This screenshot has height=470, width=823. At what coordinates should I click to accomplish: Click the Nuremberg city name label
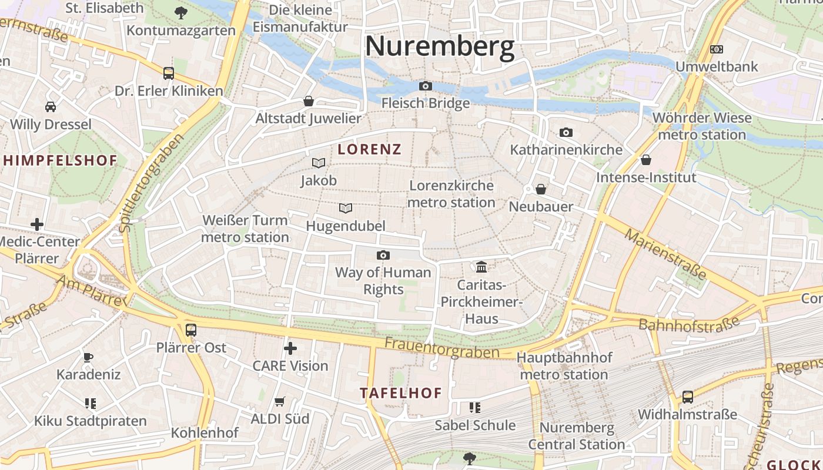[x=440, y=46]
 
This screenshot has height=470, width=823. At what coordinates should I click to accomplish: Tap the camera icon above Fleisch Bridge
[x=426, y=86]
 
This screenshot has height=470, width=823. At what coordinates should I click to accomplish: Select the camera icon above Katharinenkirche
[x=566, y=132]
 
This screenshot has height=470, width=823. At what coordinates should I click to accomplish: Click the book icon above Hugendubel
[x=346, y=208]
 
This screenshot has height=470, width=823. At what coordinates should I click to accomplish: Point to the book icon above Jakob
[x=319, y=163]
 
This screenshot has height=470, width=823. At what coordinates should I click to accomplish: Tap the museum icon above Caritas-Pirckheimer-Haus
[x=481, y=267]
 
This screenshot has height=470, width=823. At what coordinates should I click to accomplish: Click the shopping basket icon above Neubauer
[x=541, y=189]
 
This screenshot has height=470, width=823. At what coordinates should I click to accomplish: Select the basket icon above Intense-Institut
[x=646, y=160]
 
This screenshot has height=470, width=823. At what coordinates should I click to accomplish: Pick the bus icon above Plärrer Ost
[x=191, y=330]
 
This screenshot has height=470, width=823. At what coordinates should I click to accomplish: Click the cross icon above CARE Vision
[x=290, y=348]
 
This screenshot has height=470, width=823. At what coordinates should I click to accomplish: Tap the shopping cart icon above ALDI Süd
[x=280, y=401]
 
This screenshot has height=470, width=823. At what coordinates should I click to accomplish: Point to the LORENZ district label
[x=370, y=149]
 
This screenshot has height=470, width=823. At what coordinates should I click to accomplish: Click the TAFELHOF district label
[x=400, y=393]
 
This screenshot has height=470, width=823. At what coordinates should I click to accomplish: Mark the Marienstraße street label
[x=665, y=254]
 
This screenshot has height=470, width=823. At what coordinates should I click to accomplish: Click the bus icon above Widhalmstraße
[x=687, y=397]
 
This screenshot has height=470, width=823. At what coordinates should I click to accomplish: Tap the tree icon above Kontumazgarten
[x=181, y=12]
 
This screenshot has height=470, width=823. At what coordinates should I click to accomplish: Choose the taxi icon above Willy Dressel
[x=51, y=107]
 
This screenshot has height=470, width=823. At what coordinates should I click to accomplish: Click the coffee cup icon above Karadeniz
[x=88, y=357]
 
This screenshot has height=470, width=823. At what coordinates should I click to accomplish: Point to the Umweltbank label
[x=717, y=66]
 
